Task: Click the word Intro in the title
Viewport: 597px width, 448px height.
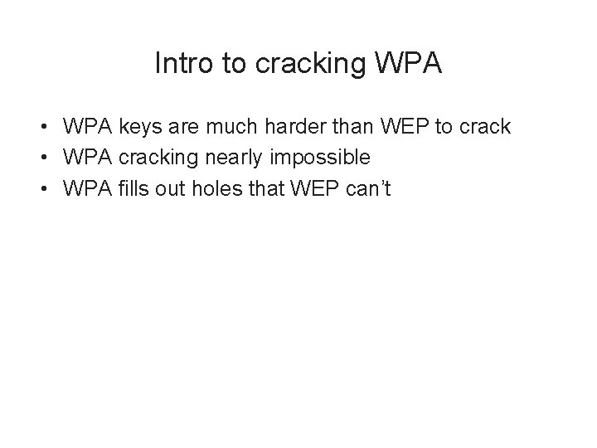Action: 176,65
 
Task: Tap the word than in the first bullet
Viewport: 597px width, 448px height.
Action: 357,128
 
